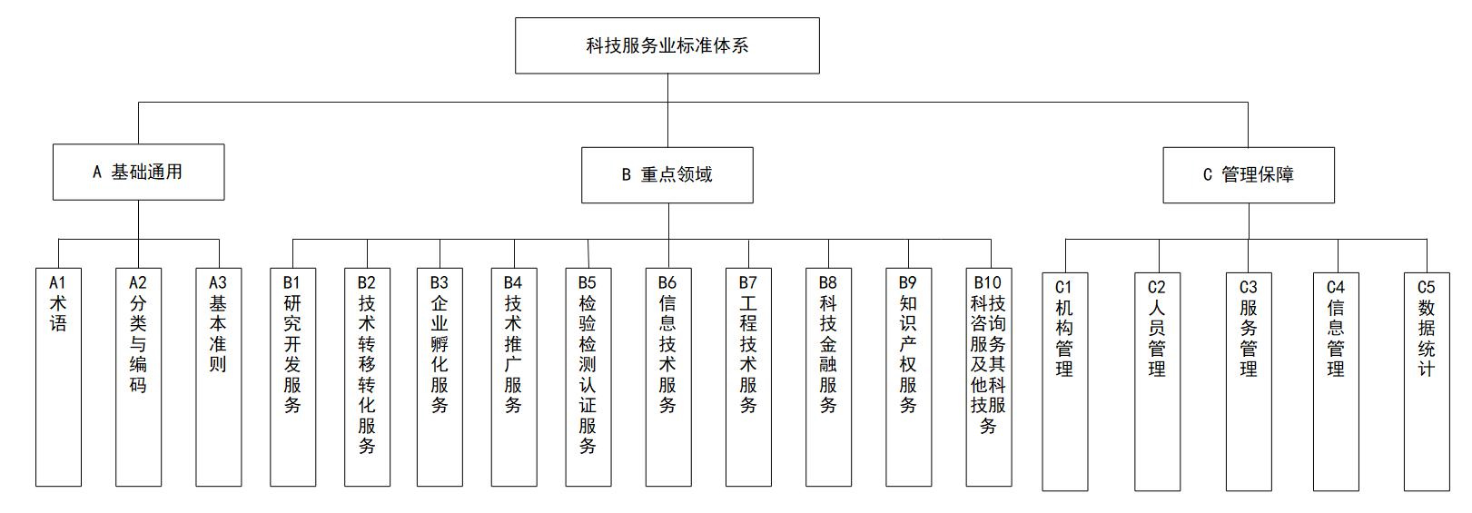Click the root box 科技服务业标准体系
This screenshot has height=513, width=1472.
pyautogui.click(x=667, y=45)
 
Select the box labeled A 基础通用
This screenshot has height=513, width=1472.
pyautogui.click(x=138, y=173)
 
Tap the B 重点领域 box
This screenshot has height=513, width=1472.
pyautogui.click(x=667, y=174)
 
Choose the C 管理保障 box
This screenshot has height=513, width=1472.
pyautogui.click(x=1248, y=175)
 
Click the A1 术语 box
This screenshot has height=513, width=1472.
pyautogui.click(x=58, y=376)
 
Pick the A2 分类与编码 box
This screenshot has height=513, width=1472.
pyautogui.click(x=138, y=376)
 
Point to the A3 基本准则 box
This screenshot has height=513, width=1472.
pyautogui.click(x=218, y=376)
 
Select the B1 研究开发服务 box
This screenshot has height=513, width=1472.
pyautogui.click(x=292, y=376)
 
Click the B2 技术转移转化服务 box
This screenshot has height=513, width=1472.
pyautogui.click(x=367, y=376)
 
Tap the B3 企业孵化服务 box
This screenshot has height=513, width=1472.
pyautogui.click(x=440, y=376)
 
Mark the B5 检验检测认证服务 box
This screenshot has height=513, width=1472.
pyautogui.click(x=588, y=376)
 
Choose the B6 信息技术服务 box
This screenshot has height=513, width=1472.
pyautogui.click(x=667, y=376)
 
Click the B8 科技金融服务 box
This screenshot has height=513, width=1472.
pyautogui.click(x=828, y=376)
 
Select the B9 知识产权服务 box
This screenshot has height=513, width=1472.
pyautogui.click(x=908, y=376)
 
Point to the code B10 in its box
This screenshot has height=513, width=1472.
pyautogui.click(x=988, y=283)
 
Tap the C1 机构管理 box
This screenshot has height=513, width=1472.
pyautogui.click(x=1064, y=381)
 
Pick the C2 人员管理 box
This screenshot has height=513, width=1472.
pyautogui.click(x=1157, y=381)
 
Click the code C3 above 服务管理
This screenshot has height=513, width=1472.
pyautogui.click(x=1249, y=288)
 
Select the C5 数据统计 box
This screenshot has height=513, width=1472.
pyautogui.click(x=1427, y=381)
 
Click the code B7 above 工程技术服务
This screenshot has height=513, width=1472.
pyautogui.click(x=748, y=283)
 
